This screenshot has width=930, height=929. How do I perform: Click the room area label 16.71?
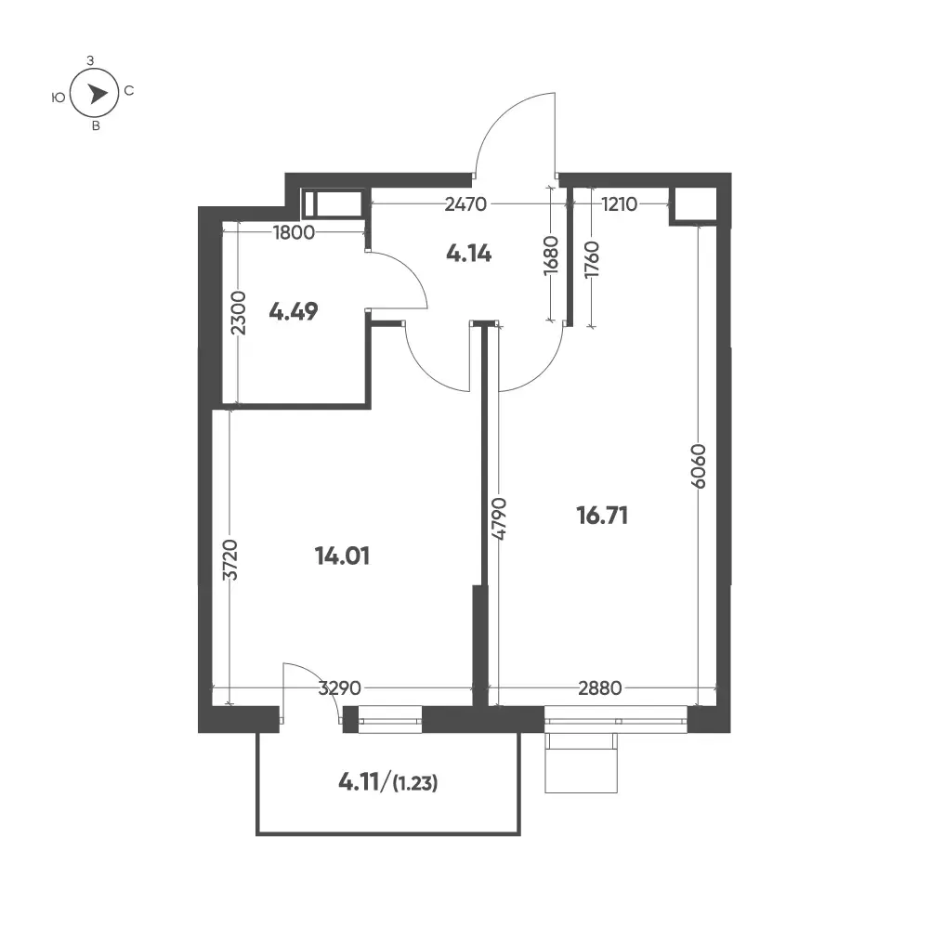click(602, 516)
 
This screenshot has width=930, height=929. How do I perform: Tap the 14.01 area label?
click(342, 556)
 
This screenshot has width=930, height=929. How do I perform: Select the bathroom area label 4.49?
click(294, 311)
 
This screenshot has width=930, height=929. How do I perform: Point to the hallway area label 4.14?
click(468, 254)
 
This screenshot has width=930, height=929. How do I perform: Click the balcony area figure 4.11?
click(359, 782)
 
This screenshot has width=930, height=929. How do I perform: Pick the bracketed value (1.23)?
click(415, 784)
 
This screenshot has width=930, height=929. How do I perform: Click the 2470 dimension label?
click(465, 204)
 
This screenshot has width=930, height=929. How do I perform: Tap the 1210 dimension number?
click(619, 204)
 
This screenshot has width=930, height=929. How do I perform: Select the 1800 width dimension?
click(294, 232)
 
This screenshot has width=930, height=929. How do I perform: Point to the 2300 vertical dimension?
click(238, 313)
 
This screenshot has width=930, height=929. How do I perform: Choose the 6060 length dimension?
click(700, 465)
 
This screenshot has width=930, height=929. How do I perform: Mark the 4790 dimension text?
click(499, 518)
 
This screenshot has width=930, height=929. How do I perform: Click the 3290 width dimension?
click(340, 688)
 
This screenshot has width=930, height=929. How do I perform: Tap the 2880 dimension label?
click(600, 688)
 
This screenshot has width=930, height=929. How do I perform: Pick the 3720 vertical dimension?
click(229, 560)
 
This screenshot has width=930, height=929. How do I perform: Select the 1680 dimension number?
click(551, 255)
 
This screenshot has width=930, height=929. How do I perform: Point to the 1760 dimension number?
click(591, 260)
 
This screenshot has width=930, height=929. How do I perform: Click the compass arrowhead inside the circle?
click(98, 94)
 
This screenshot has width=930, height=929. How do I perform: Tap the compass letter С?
click(129, 91)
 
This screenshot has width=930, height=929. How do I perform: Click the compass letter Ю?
click(59, 98)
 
